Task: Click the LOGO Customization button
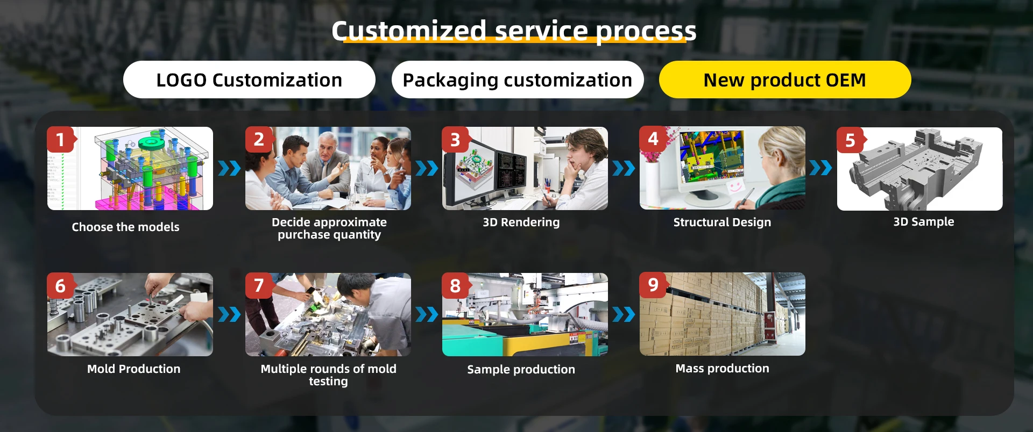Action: [249, 80]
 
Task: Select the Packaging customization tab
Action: [518, 80]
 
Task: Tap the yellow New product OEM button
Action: [785, 80]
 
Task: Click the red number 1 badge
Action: [61, 140]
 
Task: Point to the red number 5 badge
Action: [851, 140]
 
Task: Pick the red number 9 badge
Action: [654, 285]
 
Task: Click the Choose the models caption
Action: [125, 227]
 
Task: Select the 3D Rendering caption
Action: [521, 222]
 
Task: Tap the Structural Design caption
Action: [722, 222]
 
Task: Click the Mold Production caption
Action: [133, 369]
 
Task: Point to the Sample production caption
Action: [521, 369]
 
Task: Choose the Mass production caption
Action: [722, 368]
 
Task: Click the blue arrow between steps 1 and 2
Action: [229, 168]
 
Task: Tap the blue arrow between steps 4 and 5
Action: [820, 168]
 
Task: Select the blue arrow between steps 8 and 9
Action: [624, 314]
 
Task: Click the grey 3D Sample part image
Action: [919, 169]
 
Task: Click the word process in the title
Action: [646, 32]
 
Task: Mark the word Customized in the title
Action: [409, 31]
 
